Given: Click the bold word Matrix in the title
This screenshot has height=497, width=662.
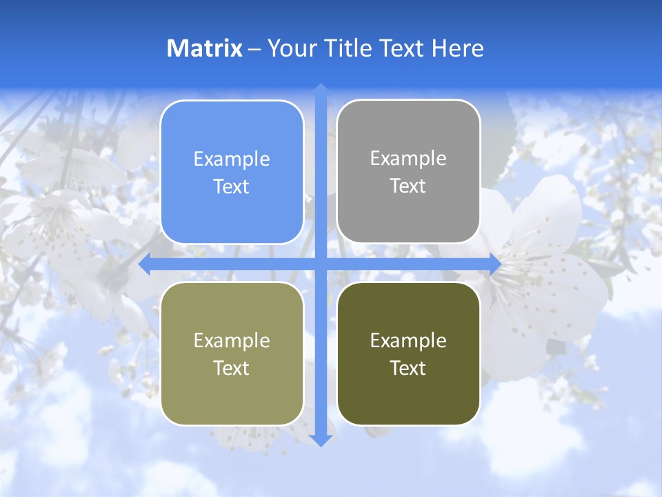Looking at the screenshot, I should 205,48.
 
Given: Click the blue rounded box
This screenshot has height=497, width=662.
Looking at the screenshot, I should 232,173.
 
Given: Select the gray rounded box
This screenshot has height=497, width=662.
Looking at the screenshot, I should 408,172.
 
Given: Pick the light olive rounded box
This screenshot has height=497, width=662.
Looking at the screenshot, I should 232,353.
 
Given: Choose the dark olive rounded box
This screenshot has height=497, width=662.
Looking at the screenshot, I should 408,353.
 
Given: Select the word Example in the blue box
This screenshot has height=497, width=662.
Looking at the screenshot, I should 232,159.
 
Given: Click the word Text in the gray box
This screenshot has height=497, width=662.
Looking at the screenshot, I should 408,186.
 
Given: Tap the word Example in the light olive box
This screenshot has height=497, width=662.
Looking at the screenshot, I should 232,340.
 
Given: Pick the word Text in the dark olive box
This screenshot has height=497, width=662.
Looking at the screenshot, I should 408,368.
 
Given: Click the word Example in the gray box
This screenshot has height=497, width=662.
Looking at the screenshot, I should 408,159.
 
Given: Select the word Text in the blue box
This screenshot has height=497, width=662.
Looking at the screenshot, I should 232,187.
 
